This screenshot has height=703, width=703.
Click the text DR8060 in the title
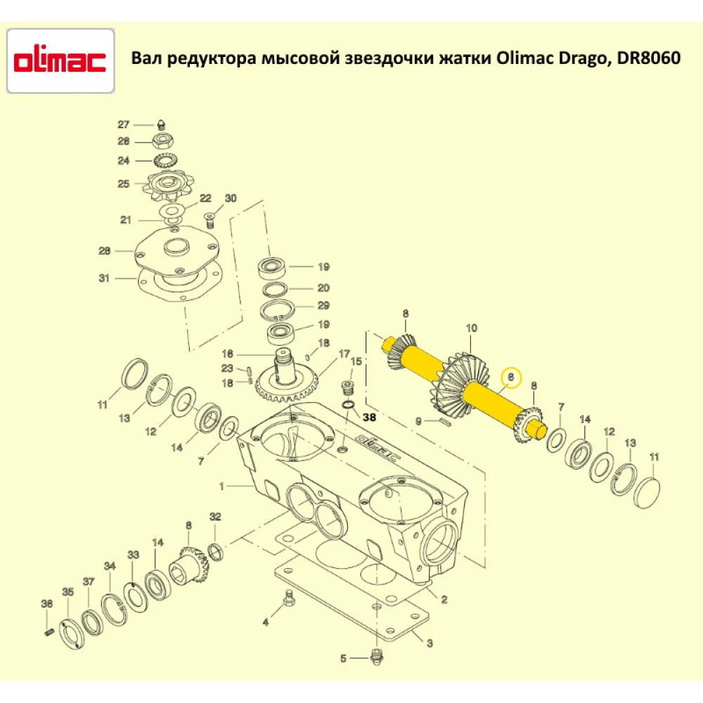(x=648, y=58)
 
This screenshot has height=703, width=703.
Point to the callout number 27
(x=124, y=124)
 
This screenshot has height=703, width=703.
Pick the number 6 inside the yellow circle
(x=512, y=378)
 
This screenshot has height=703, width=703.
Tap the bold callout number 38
(x=370, y=416)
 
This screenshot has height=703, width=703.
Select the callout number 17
(x=344, y=353)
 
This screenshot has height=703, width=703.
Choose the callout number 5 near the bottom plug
(x=343, y=659)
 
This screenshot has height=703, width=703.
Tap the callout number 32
(x=215, y=517)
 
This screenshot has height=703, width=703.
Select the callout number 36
(x=46, y=604)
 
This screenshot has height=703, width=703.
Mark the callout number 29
(x=323, y=306)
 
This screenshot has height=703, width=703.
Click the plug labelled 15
(x=345, y=389)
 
